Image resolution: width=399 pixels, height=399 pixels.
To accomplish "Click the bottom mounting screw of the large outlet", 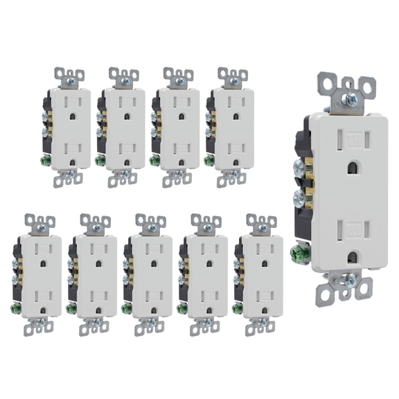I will point(350,281).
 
